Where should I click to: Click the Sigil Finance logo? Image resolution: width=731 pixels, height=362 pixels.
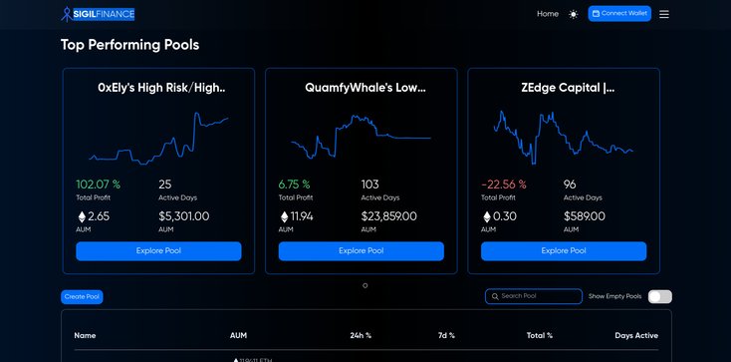coord(98,14)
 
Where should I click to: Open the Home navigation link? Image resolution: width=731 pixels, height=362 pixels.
coord(548,14)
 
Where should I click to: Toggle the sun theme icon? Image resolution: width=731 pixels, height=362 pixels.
coord(573,14)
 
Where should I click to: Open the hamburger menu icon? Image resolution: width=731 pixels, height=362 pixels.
coord(664,14)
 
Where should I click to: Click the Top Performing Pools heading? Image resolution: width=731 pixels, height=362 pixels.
coord(129,45)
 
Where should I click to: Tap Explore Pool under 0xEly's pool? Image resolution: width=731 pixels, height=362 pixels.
coord(159,251)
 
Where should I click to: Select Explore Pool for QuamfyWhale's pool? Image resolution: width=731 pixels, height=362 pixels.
coord(362,251)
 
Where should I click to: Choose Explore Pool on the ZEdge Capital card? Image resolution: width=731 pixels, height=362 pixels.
coord(564,251)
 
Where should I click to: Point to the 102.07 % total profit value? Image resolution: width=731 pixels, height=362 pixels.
coord(99,184)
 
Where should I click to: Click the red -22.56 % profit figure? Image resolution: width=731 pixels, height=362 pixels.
coord(503,184)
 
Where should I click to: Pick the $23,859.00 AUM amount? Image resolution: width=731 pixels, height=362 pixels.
coord(388,216)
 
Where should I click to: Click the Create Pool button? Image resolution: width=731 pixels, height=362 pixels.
coord(82,297)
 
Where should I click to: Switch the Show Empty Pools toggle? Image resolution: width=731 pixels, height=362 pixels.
coord(659,296)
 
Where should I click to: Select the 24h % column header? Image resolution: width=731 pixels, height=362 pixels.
coord(361,335)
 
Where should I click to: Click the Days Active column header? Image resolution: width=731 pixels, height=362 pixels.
coord(636,335)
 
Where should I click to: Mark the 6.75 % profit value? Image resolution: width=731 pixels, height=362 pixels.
coord(294,184)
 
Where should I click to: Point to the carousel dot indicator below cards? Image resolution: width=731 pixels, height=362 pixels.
coord(365,285)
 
